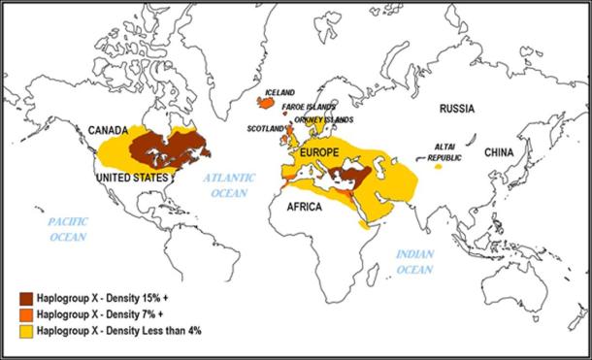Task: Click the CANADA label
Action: [109, 129]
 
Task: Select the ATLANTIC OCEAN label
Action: [228, 185]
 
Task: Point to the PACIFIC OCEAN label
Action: [69, 229]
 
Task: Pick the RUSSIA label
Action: [458, 109]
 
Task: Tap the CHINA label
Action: [501, 152]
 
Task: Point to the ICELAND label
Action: [280, 93]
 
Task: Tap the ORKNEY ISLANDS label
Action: [318, 118]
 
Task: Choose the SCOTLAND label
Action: [266, 129]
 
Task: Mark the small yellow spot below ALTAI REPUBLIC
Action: [439, 167]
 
